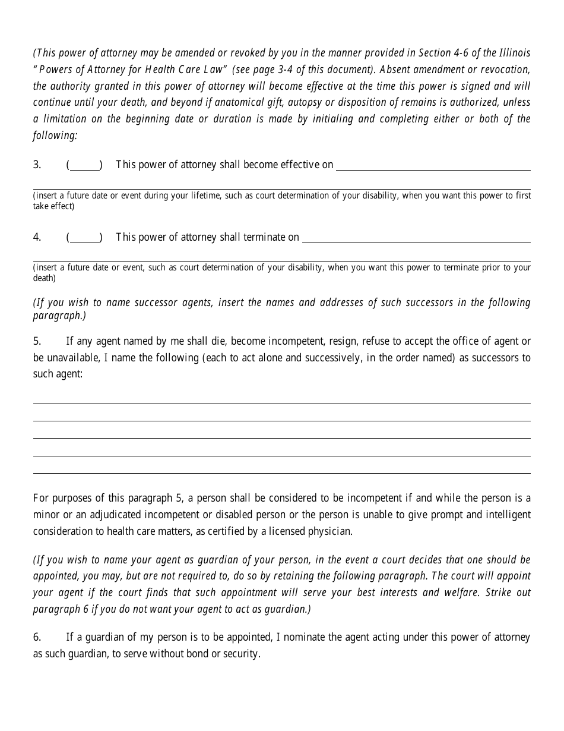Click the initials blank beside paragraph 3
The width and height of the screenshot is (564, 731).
click(x=84, y=166)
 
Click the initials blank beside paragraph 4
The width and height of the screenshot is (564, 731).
click(x=84, y=238)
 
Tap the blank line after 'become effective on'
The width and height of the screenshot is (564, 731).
click(x=433, y=166)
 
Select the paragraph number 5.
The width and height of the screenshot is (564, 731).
click(x=37, y=341)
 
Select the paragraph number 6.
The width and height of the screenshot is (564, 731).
click(x=37, y=637)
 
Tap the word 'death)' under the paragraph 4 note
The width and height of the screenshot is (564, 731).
click(x=44, y=278)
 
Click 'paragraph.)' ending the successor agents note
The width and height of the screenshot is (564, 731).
click(x=59, y=316)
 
